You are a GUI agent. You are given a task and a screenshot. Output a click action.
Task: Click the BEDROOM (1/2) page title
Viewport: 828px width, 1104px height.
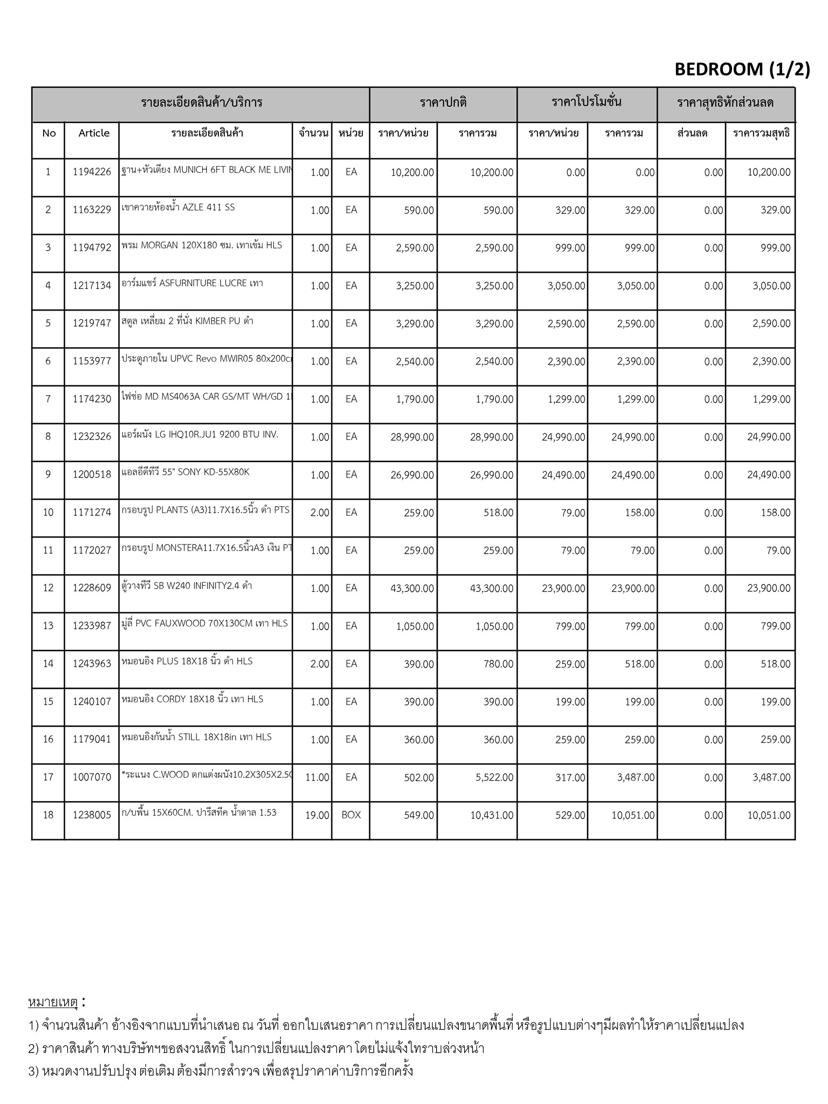point(742,69)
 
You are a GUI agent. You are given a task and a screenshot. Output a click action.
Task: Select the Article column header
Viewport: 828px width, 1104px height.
point(94,133)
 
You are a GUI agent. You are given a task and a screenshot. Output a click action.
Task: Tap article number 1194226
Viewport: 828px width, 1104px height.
point(92,172)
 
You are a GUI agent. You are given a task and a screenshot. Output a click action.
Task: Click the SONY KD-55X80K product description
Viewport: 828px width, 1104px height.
point(185,473)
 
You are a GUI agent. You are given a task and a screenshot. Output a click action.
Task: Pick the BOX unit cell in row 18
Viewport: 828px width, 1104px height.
point(351,815)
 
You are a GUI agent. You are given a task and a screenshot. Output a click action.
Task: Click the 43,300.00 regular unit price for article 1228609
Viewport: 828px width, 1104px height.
point(412,589)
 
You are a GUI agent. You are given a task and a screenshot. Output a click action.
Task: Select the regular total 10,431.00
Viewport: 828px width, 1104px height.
point(491,816)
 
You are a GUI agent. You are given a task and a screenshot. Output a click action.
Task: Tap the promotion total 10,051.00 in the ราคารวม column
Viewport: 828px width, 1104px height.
point(633,816)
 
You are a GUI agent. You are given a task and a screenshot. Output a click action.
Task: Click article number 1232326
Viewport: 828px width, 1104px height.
point(92,437)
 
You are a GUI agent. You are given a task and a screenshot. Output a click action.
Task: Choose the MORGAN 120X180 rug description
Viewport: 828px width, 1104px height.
point(202,245)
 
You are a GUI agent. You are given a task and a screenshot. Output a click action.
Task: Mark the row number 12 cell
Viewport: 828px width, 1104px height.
point(49,588)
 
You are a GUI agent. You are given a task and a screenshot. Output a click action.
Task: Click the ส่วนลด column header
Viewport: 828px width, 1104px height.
point(692,133)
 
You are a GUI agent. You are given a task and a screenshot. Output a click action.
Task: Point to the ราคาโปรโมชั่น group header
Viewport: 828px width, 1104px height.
point(586,102)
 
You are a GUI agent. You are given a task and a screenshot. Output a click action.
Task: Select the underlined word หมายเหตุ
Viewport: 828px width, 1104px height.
point(53,1002)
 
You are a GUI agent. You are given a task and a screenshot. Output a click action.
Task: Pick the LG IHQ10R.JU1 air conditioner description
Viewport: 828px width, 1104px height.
point(200,434)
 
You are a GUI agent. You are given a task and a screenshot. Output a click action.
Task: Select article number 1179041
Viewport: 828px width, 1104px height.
point(92,739)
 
